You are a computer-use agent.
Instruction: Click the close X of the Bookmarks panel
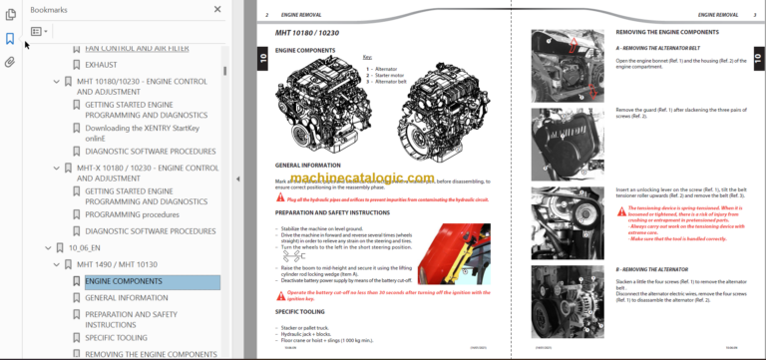click(x=218, y=9)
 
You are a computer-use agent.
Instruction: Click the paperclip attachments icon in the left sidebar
click(x=10, y=62)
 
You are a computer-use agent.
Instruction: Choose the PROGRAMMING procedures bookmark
click(x=132, y=213)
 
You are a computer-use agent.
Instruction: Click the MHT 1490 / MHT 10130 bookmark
click(x=118, y=265)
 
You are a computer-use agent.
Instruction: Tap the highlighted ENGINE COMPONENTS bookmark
click(x=123, y=281)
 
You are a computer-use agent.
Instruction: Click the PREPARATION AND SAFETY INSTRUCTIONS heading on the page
click(x=332, y=212)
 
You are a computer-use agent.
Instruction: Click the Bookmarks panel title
click(x=50, y=9)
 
